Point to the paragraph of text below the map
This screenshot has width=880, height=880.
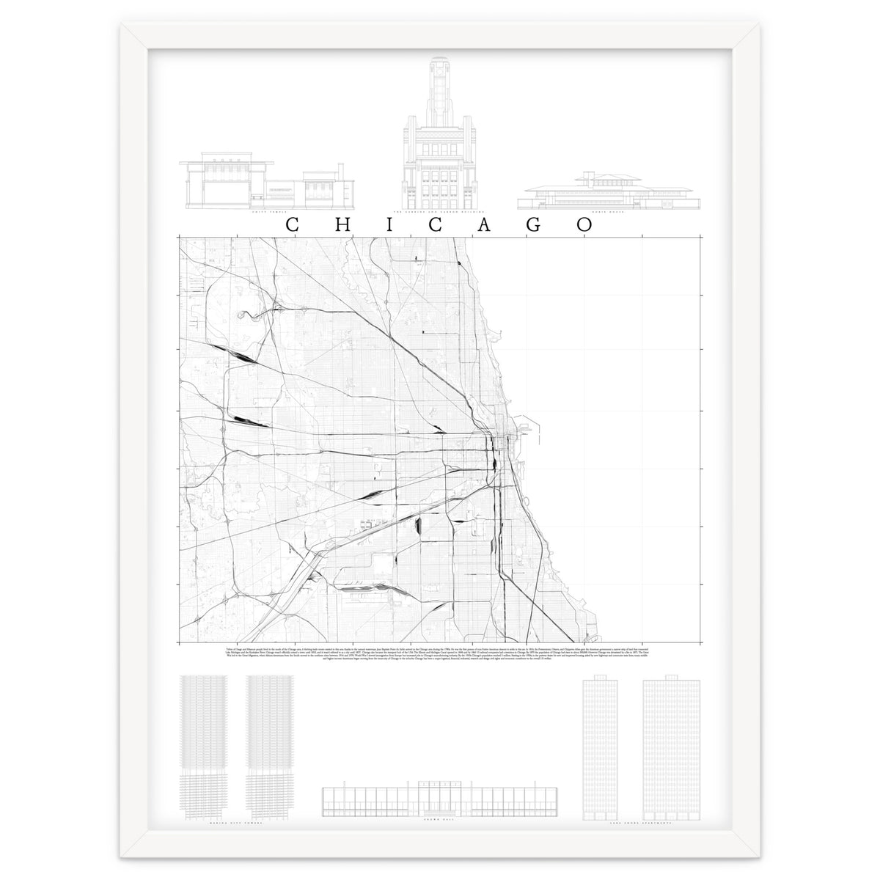pos(440,654)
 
